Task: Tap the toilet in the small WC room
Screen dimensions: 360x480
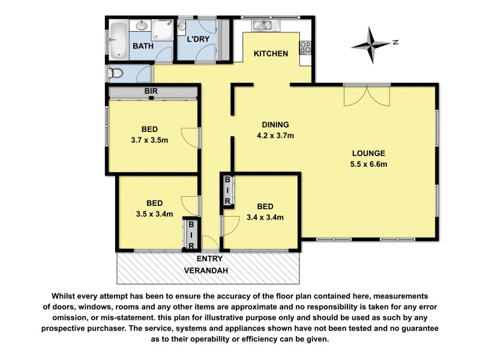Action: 116,73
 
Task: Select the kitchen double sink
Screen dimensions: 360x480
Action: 263,25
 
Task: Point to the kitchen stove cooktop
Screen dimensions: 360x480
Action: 305,47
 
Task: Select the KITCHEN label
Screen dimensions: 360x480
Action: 271,54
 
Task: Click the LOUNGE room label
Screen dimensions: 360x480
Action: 368,153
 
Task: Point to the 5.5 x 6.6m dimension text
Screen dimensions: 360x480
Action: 368,164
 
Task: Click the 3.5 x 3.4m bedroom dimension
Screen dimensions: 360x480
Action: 150,213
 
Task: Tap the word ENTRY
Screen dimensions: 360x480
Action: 209,259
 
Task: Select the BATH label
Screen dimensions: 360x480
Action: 142,46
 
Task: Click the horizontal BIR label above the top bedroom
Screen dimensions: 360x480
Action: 151,91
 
